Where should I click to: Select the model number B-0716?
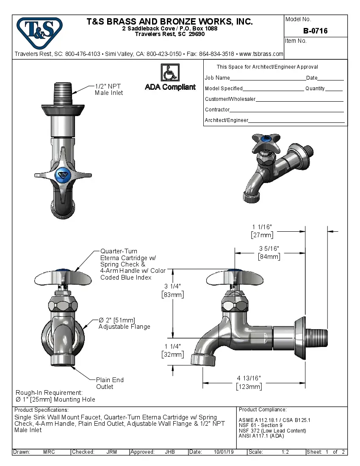click(x=316, y=31)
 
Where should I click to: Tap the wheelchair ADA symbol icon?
click(x=170, y=72)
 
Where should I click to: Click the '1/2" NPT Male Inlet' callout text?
click(x=108, y=89)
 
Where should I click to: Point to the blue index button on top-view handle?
click(x=63, y=174)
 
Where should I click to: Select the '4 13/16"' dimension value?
click(x=249, y=378)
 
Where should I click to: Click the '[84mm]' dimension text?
click(x=269, y=256)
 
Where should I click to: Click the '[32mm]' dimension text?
click(x=173, y=355)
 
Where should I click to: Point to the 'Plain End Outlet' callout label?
click(x=110, y=383)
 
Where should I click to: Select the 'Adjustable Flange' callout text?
click(x=124, y=327)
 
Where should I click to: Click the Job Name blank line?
click(x=268, y=78)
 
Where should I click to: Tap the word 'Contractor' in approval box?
click(x=217, y=110)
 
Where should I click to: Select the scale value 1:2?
click(x=285, y=452)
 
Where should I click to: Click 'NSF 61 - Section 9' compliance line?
click(x=260, y=425)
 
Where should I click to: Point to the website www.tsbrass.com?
click(x=261, y=54)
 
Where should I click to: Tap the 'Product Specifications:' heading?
click(x=42, y=410)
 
